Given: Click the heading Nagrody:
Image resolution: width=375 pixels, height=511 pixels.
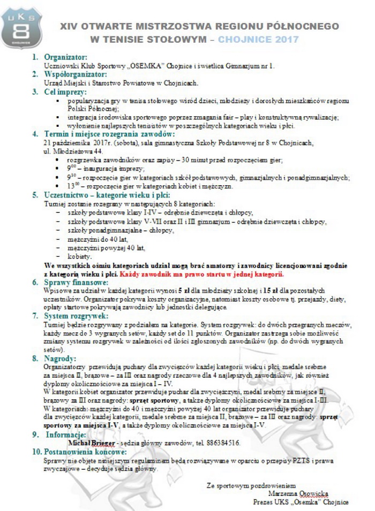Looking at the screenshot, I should tap(60, 358).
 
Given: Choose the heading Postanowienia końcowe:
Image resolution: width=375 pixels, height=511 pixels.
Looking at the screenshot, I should tap(86, 452).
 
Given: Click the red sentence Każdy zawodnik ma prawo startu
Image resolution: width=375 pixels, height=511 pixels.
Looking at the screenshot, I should tap(202, 273).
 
